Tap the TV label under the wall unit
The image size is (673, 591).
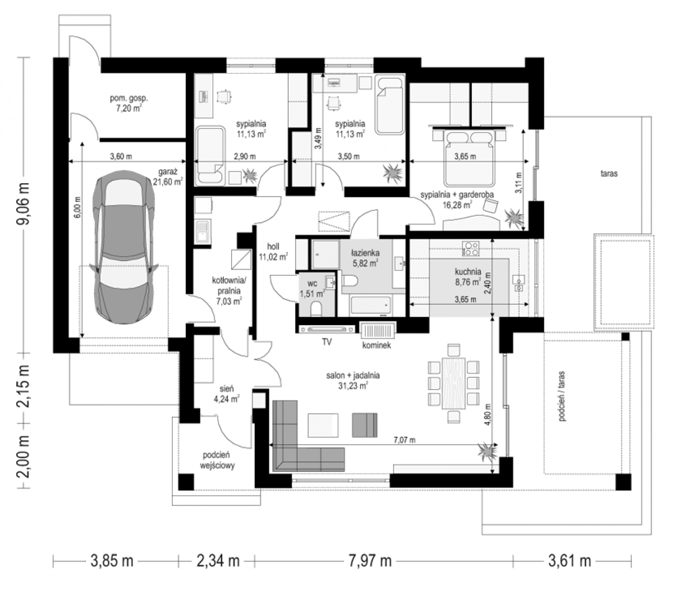[327, 342]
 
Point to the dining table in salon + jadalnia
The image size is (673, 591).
[453, 383]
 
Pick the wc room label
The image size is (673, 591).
[312, 284]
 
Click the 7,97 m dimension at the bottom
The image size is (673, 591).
[370, 561]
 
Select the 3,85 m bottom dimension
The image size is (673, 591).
[112, 561]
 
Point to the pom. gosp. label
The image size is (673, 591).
[129, 98]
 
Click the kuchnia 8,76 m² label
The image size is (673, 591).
[468, 277]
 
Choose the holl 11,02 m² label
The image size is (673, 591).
[273, 251]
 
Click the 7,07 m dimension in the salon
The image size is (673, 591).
[404, 440]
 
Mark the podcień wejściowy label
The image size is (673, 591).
[217, 460]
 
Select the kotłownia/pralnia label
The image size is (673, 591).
[229, 286]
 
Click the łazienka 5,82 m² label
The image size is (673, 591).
[365, 258]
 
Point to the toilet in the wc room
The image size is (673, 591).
[316, 308]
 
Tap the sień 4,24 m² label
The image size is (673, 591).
[227, 394]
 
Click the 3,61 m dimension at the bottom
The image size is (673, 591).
[570, 561]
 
